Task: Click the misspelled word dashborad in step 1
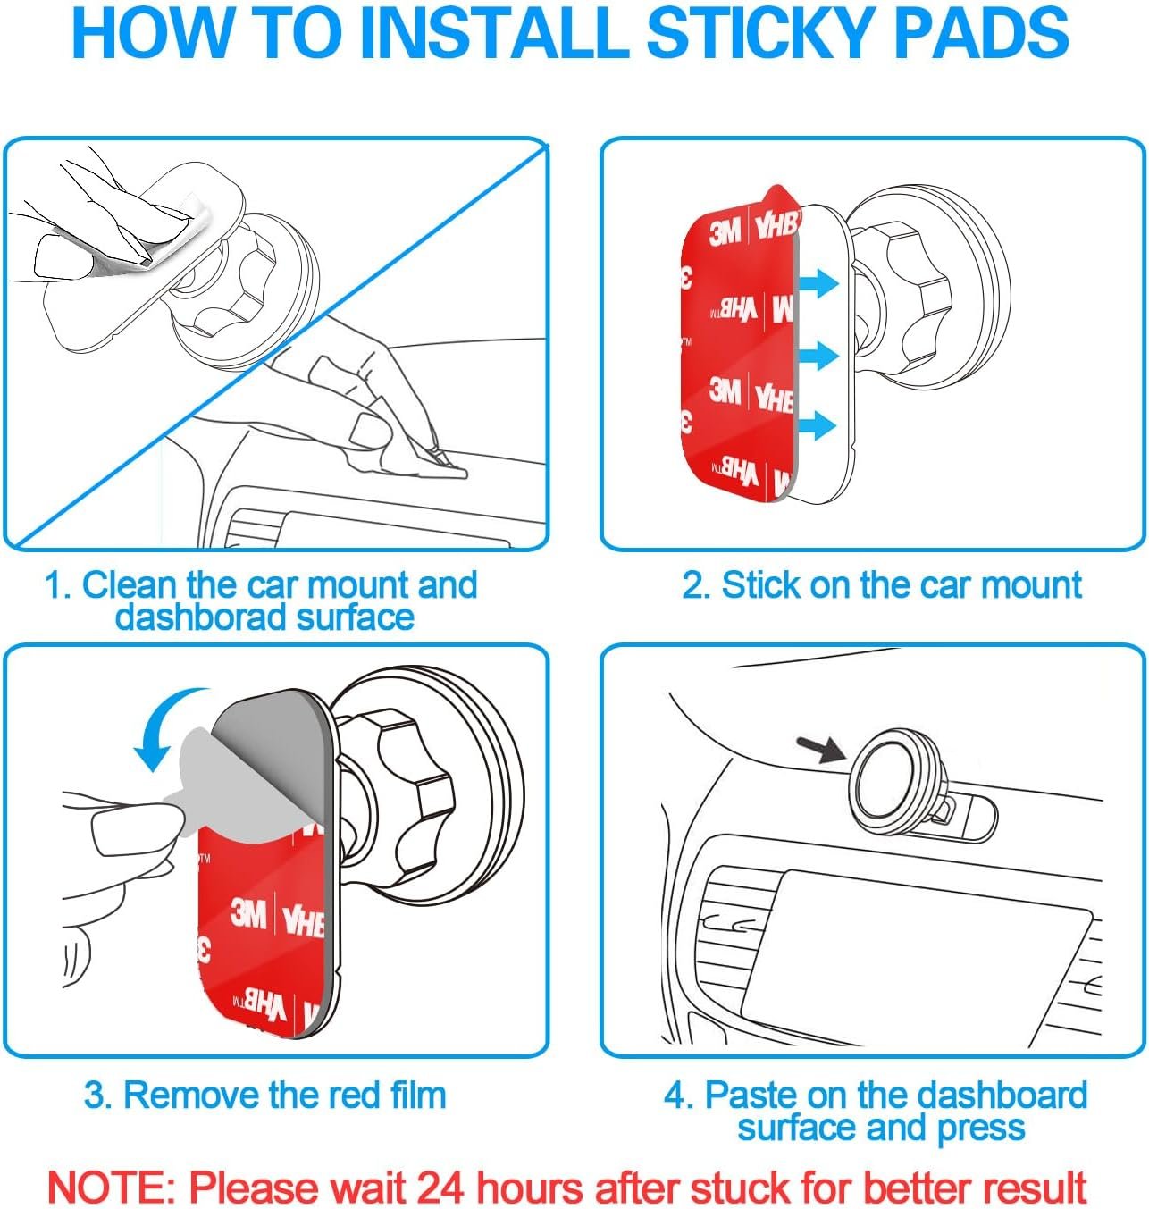202,617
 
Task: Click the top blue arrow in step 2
818,283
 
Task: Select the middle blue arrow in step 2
818,356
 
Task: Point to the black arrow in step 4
822,749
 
